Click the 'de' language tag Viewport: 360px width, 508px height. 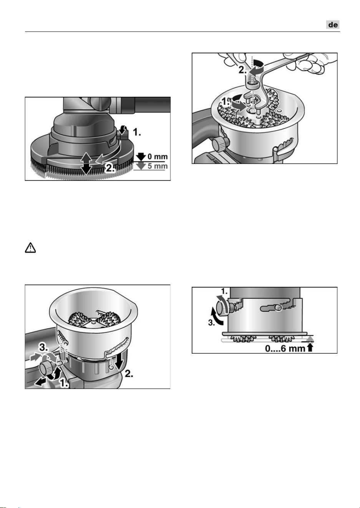pyautogui.click(x=333, y=25)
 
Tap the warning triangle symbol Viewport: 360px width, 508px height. pyautogui.click(x=30, y=248)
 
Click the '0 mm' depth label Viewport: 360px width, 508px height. pyautogui.click(x=158, y=157)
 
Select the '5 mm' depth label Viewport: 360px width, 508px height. pyautogui.click(x=158, y=166)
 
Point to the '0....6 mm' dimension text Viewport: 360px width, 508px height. pyautogui.click(x=285, y=349)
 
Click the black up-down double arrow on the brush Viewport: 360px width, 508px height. pyautogui.click(x=86, y=163)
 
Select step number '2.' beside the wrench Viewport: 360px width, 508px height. pyautogui.click(x=243, y=70)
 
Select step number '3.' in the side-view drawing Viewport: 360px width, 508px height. pyautogui.click(x=212, y=323)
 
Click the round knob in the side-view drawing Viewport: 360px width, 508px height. pyautogui.click(x=222, y=308)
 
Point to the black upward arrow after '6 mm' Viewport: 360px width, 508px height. pyautogui.click(x=310, y=348)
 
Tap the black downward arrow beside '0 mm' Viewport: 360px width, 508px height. pyautogui.click(x=142, y=157)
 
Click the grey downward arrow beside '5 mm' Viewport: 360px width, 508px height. pyautogui.click(x=142, y=166)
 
